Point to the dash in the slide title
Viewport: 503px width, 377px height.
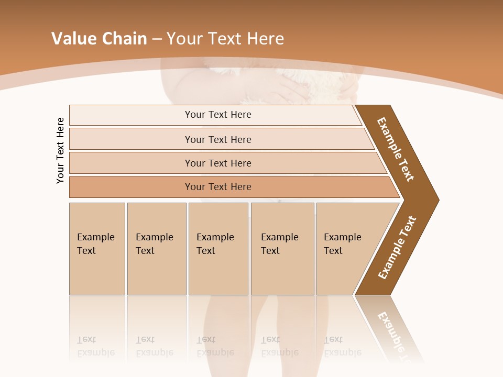(x=157, y=39)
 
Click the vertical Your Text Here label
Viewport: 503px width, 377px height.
(x=60, y=151)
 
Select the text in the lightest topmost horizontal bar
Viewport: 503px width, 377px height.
(x=218, y=115)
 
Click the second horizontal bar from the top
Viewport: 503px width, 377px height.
(x=218, y=139)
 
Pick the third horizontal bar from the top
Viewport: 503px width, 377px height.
(x=218, y=163)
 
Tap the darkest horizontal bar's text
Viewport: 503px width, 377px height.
(x=218, y=187)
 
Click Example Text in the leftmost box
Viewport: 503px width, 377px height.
(x=95, y=244)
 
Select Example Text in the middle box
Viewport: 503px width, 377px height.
(x=215, y=244)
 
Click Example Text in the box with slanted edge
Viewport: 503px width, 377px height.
(x=342, y=244)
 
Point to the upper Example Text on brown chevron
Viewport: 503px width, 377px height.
(x=396, y=149)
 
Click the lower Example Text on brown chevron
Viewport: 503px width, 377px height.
(x=397, y=247)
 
